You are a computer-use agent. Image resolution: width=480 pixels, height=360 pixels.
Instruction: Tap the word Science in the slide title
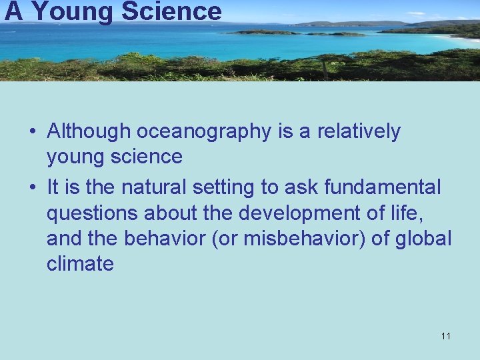pos(171,11)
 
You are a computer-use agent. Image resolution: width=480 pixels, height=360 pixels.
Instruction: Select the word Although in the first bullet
pos(89,132)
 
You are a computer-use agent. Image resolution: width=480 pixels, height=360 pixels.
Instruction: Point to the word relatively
pos(359,132)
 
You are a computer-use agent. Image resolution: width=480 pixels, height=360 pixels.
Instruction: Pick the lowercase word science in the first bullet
pos(149,157)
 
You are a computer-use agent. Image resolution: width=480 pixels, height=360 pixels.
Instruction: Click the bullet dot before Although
pos(33,133)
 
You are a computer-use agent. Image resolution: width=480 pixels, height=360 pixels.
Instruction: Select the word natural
pos(155,188)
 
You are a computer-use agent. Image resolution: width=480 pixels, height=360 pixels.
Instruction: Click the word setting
pos(225,189)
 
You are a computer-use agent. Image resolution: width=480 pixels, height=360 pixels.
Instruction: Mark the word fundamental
pos(382,188)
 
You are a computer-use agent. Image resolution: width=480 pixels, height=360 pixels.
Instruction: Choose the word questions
pos(91,214)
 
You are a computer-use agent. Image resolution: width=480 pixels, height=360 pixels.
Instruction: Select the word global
pos(423,239)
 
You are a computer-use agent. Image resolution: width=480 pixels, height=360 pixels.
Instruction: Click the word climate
pos(80,264)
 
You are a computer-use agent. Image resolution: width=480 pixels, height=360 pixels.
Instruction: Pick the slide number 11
pos(445,336)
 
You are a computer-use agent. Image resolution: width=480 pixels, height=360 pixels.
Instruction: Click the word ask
pos(301,188)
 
